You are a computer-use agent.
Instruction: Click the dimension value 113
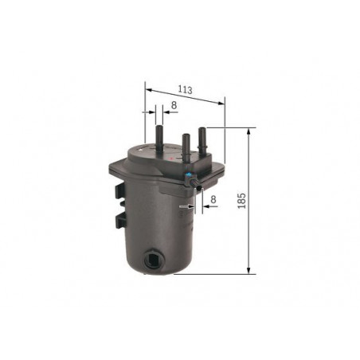pyautogui.click(x=185, y=90)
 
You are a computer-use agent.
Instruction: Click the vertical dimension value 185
pyautogui.click(x=242, y=201)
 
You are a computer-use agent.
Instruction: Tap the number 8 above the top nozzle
pyautogui.click(x=174, y=105)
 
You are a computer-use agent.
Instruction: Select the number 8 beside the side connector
pyautogui.click(x=213, y=199)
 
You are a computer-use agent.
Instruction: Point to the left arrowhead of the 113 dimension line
pyautogui.click(x=149, y=91)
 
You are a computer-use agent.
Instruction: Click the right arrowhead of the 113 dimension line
pyautogui.click(x=221, y=103)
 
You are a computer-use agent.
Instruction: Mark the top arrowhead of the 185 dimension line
pyautogui.click(x=248, y=131)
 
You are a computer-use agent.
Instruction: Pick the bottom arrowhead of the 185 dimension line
pyautogui.click(x=248, y=270)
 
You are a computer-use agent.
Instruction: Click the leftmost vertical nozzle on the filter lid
pyautogui.click(x=159, y=138)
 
